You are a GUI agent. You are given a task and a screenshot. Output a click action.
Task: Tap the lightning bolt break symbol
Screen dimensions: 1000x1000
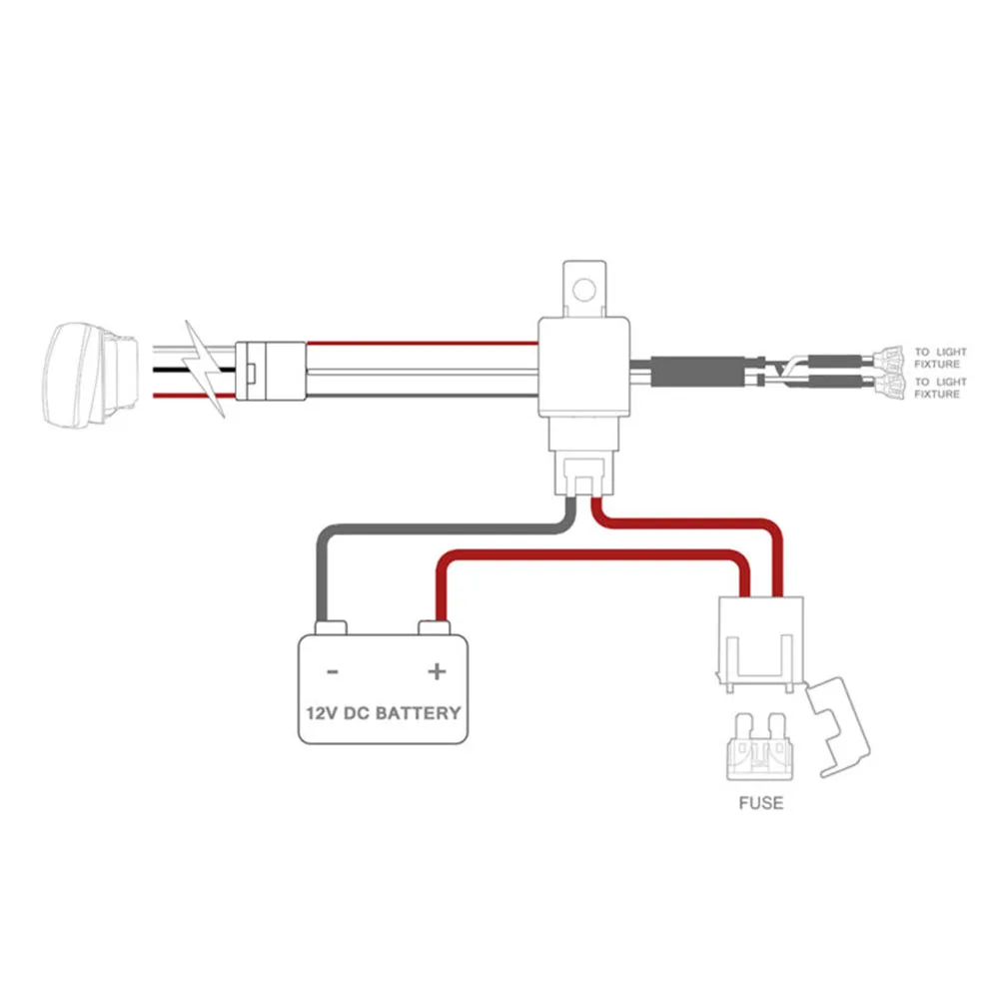(x=204, y=369)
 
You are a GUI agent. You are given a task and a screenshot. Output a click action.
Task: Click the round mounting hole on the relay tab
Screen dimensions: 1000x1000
(x=584, y=290)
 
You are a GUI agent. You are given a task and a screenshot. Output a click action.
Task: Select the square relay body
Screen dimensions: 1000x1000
(x=584, y=368)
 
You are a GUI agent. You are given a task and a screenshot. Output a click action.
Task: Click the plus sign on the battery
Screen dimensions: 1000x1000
(x=437, y=671)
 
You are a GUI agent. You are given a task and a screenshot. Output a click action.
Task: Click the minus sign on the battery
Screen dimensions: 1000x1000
(x=333, y=672)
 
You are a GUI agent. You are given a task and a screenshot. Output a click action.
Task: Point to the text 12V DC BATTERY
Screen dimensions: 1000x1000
(x=384, y=713)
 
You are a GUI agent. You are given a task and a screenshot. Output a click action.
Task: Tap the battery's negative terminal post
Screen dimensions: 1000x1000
(x=331, y=628)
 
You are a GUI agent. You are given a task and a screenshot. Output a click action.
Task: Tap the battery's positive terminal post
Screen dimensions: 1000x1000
(x=435, y=628)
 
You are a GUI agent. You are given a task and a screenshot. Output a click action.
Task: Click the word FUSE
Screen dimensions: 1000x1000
(x=761, y=803)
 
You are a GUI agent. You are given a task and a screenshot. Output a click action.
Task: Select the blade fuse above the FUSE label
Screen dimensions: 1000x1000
(x=760, y=746)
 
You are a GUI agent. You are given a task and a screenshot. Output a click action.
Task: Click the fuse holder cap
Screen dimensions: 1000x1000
(x=838, y=727)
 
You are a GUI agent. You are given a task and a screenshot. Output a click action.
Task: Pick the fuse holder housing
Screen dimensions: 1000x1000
(x=760, y=644)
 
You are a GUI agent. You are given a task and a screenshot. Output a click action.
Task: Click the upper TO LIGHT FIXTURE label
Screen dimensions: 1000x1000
(x=941, y=358)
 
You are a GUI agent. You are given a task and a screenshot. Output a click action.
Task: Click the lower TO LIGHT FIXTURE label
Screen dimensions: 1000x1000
(x=941, y=388)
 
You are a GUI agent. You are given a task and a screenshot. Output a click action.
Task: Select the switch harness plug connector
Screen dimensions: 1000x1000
(x=271, y=372)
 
